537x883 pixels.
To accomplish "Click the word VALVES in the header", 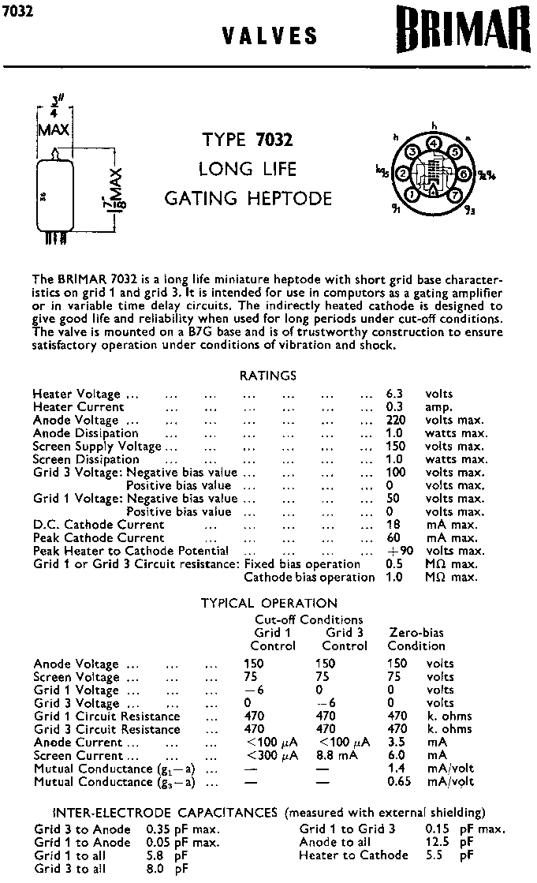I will point(270,36).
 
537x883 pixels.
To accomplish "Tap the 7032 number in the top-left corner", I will point(18,12).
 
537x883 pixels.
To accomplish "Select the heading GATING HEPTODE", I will point(248,197).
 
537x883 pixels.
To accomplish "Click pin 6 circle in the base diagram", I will point(464,173).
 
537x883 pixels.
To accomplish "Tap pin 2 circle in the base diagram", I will point(403,174).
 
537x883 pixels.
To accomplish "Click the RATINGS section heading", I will point(268,376).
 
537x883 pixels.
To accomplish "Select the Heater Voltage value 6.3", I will point(394,394).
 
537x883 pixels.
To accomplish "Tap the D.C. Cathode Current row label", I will point(99,525).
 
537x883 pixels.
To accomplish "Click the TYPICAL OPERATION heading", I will point(269,603).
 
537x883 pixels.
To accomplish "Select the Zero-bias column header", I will point(416,632).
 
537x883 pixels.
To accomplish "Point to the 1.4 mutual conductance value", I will point(396,768).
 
